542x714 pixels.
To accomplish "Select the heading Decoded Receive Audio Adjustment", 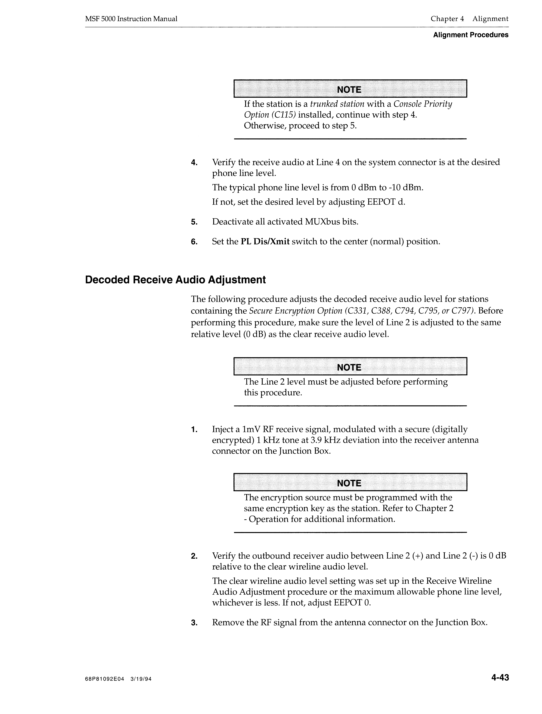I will [x=175, y=280].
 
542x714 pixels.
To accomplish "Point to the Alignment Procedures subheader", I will [x=471, y=35].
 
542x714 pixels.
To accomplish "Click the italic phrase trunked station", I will [x=337, y=104].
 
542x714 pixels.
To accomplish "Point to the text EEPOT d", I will [x=386, y=202].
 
